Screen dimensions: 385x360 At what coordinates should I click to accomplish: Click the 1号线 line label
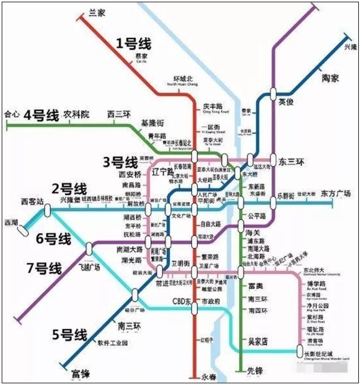(134, 43)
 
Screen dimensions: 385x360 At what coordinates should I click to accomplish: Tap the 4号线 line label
(41, 116)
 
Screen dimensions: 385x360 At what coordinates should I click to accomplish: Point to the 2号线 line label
(70, 189)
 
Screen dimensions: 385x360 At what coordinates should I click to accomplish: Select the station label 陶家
(330, 78)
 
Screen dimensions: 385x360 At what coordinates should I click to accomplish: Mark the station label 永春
(209, 375)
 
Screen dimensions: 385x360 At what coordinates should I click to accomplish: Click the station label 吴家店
(258, 341)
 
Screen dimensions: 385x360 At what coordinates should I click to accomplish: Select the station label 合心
(11, 114)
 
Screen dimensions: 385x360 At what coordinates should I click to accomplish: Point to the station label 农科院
(76, 114)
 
